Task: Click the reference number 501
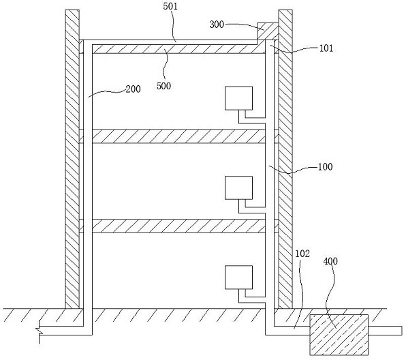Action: (170, 6)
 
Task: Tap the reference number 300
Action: (217, 25)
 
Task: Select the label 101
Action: (326, 48)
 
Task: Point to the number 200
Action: (133, 89)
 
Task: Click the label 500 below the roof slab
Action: (163, 86)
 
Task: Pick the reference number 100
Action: (325, 166)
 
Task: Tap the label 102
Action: (302, 254)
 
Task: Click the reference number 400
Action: (330, 261)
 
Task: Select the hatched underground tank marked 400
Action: (339, 335)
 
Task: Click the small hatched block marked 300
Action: (268, 31)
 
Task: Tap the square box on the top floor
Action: (238, 98)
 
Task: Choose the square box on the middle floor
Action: (238, 188)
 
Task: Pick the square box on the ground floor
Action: (238, 277)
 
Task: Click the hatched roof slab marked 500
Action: (178, 49)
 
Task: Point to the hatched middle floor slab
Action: (178, 136)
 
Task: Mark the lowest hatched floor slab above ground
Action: (178, 226)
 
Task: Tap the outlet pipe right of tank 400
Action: (386, 331)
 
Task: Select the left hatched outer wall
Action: (72, 159)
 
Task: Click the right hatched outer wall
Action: (285, 159)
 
